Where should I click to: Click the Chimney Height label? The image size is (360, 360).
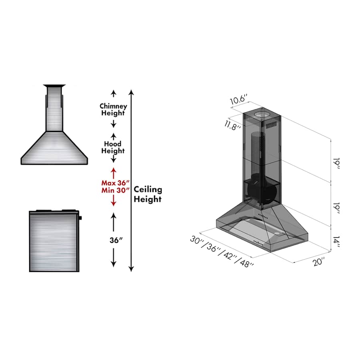tap(113, 110)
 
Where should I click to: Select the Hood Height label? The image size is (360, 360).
tap(113, 147)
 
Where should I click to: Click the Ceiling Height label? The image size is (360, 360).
tap(148, 194)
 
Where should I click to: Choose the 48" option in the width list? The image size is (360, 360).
tap(246, 262)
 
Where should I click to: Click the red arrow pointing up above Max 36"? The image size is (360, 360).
tap(114, 172)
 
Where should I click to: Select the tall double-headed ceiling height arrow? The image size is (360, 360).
tap(131, 180)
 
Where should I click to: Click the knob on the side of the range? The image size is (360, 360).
tap(80, 218)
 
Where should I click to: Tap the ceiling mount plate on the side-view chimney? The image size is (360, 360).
tap(54, 85)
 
